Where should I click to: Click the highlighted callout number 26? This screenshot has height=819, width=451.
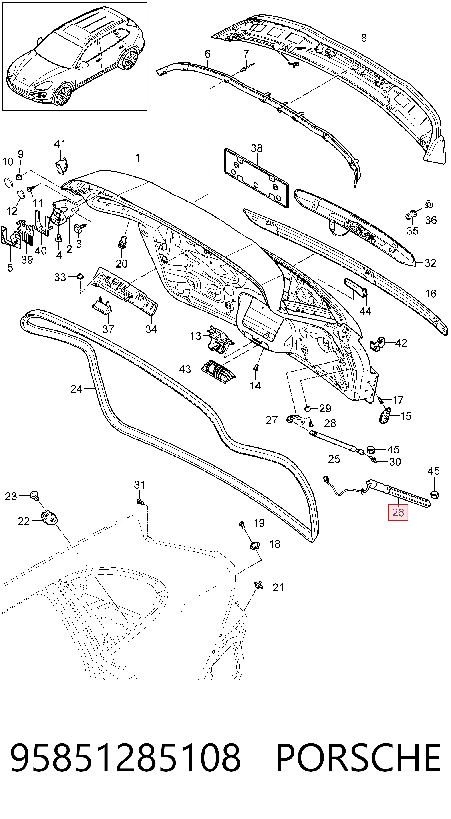coord(398,512)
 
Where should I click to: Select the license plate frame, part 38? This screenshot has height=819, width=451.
coord(256,178)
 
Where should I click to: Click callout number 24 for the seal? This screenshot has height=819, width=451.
coord(76,389)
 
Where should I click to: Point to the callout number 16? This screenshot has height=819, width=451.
coord(431,293)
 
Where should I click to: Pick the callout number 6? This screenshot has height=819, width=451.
coord(207,54)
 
